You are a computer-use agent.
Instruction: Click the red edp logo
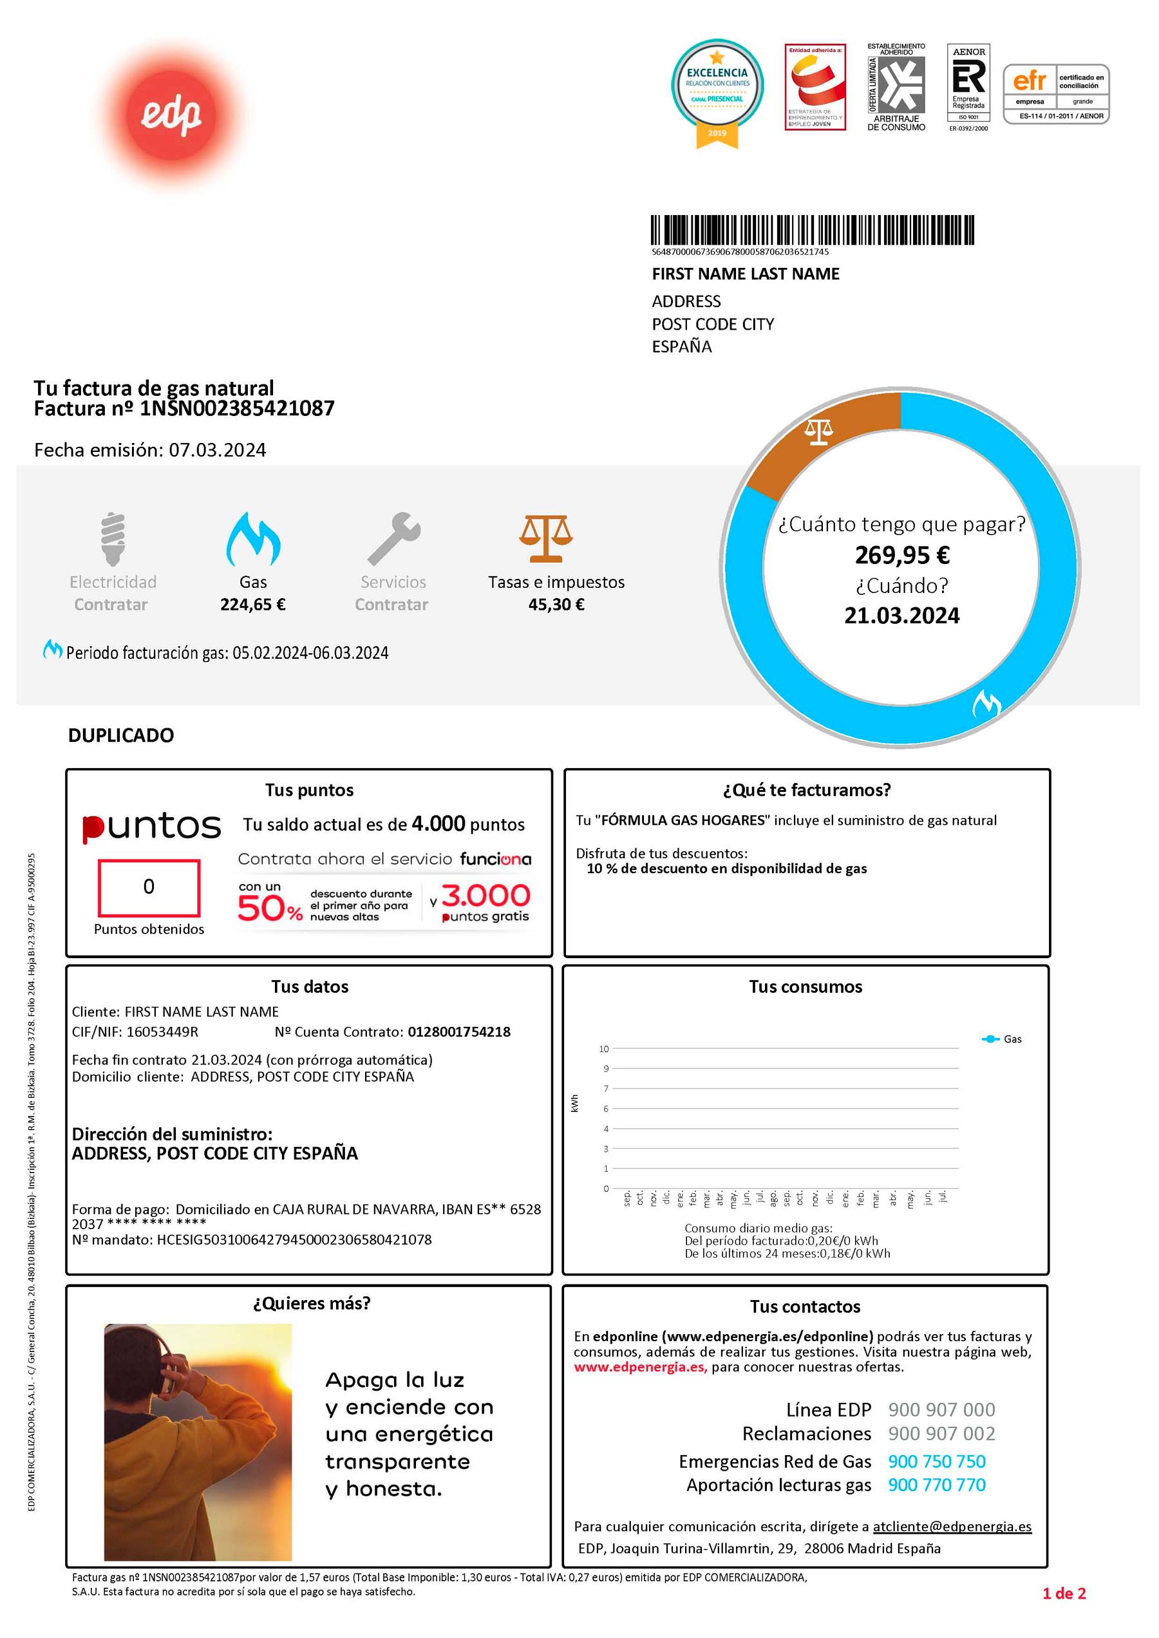click(171, 114)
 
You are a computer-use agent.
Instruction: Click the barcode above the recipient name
click(812, 231)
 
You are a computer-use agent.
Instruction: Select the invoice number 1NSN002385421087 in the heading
click(237, 409)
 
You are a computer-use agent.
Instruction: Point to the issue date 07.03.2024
click(217, 450)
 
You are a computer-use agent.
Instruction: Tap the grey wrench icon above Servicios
click(393, 539)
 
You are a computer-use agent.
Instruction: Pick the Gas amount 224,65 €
click(252, 605)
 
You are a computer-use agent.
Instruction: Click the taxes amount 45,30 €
click(556, 605)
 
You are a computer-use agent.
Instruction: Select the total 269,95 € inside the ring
click(902, 555)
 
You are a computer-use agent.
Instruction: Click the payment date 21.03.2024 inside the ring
click(902, 616)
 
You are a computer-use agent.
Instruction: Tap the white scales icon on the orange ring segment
click(818, 432)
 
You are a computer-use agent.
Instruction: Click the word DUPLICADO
click(120, 736)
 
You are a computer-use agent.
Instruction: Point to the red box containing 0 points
click(149, 888)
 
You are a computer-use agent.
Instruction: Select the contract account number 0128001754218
click(459, 1032)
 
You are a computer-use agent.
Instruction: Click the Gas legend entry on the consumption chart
click(1003, 1039)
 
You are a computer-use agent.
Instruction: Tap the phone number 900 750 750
click(936, 1462)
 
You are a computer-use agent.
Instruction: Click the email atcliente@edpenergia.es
click(952, 1527)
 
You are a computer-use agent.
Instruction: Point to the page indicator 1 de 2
click(1063, 1594)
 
